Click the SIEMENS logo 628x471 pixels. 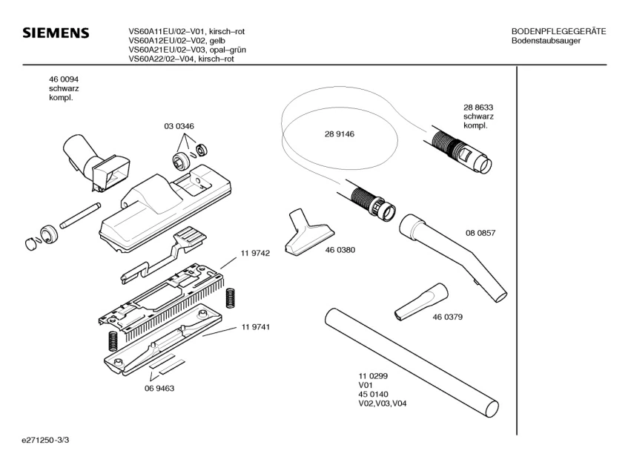point(56,34)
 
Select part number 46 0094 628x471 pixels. point(64,79)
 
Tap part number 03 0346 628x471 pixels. point(179,126)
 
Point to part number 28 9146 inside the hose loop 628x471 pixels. point(339,134)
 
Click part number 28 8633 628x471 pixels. point(478,108)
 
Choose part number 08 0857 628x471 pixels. point(480,233)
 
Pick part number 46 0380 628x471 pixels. point(340,250)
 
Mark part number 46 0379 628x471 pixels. point(448,317)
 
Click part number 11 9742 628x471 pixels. point(254,253)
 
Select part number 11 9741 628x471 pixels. point(254,327)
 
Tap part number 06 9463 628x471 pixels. point(159,388)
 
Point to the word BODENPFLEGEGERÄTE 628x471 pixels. point(558,31)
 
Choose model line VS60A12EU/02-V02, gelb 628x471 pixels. point(176,41)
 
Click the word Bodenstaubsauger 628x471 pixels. point(546,41)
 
